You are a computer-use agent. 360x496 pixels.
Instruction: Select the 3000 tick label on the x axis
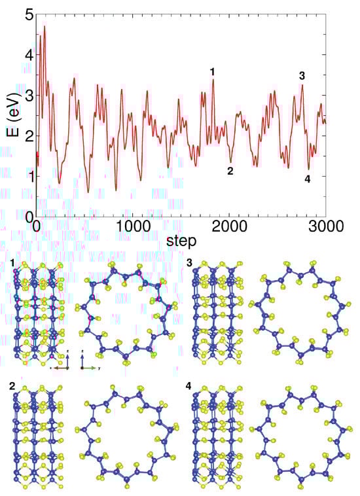[326, 226]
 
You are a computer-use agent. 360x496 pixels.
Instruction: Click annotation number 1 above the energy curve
[211, 71]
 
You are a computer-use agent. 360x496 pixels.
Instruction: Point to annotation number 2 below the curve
[230, 171]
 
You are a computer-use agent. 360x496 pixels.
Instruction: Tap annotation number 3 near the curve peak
[302, 76]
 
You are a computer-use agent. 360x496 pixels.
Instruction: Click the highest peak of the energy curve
[45, 27]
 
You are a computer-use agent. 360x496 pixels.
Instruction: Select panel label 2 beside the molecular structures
[12, 386]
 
